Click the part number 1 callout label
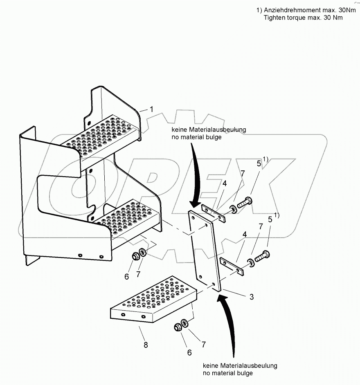coord(151,109)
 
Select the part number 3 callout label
coord(252,297)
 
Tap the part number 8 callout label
coord(146,345)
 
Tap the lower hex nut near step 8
coord(178,327)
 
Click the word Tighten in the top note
coord(274,18)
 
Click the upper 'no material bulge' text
coord(198,137)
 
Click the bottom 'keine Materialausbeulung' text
coord(240,365)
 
